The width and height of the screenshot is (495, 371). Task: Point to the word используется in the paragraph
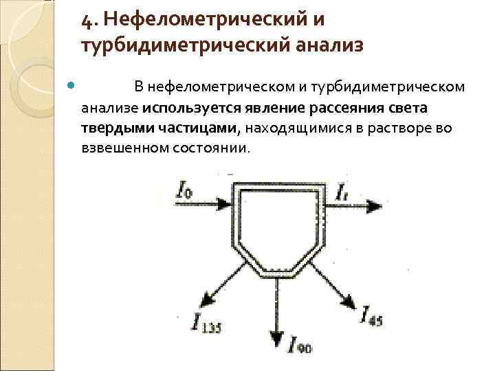tap(182, 108)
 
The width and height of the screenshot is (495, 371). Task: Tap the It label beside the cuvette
tap(343, 193)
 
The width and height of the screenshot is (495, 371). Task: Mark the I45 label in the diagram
tap(373, 316)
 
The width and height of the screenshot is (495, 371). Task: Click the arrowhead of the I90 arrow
tap(276, 339)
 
